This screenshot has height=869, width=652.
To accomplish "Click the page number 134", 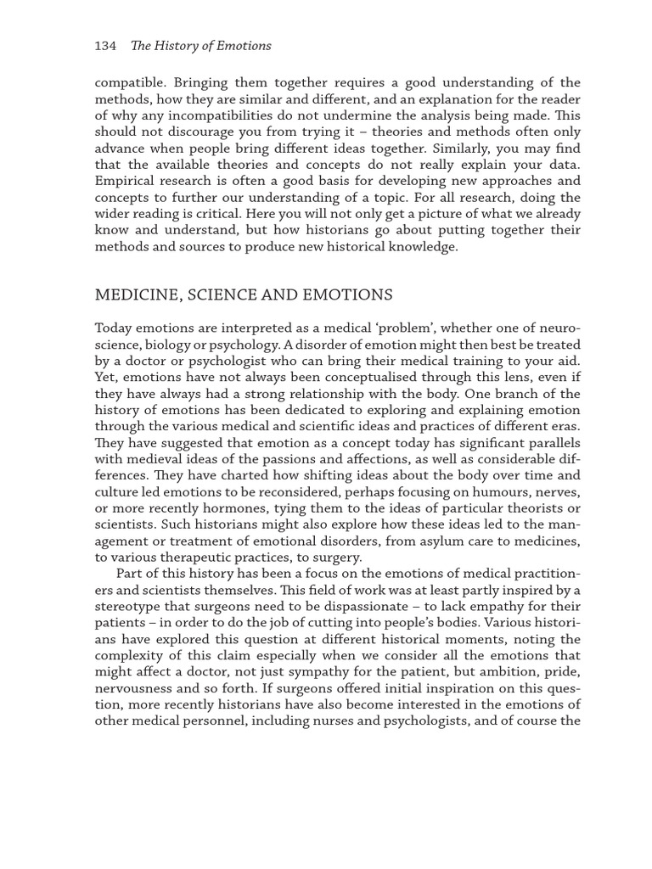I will point(105,46).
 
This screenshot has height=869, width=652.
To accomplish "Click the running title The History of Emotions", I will point(201,46).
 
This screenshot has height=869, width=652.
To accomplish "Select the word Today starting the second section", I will point(114,328).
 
